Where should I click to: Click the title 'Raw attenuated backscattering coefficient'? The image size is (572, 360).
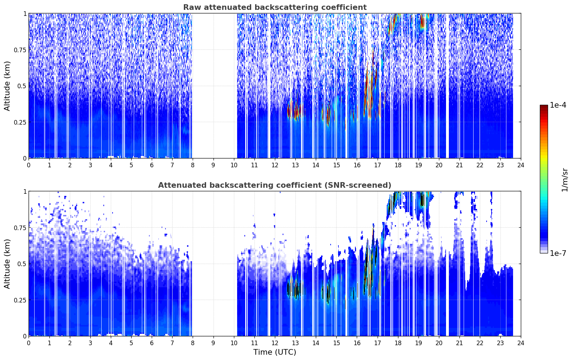click(275, 7)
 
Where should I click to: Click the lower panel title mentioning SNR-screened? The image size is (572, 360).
click(275, 185)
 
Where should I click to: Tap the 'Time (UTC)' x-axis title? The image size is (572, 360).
click(275, 352)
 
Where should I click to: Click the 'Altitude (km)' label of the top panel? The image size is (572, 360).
click(7, 86)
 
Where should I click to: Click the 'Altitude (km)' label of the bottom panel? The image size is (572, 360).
click(7, 264)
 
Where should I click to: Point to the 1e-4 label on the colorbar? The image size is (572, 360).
click(558, 105)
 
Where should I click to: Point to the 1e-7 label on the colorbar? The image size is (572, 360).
click(558, 253)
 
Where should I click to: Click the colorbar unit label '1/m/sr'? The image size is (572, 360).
click(564, 180)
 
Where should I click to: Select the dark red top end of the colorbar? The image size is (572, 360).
click(544, 107)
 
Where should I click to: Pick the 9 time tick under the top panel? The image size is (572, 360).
click(213, 165)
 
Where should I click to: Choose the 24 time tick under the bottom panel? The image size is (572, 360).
click(521, 343)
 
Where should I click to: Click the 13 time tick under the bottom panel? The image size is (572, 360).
click(295, 343)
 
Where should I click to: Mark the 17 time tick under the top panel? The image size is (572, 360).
click(378, 165)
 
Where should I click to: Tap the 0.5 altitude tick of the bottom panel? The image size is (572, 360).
click(22, 264)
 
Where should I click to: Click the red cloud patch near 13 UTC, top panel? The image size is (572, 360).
click(295, 111)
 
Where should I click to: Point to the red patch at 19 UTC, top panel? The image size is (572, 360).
click(422, 22)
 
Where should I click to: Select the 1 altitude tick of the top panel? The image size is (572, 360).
click(25, 14)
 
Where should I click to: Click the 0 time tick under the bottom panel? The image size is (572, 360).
click(29, 343)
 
